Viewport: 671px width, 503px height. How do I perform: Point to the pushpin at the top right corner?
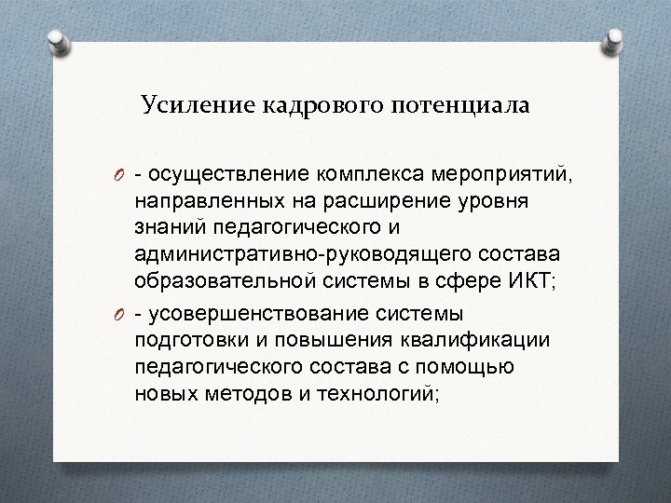coord(615,41)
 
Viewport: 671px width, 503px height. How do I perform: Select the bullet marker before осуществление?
coord(122,174)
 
